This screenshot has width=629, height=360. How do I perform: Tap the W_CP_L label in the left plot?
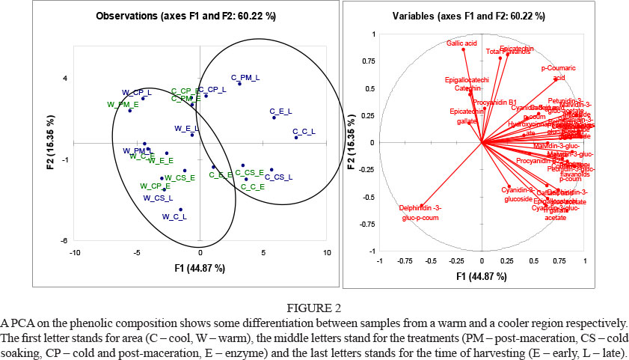click(x=136, y=92)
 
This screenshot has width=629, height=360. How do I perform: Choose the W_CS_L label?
click(x=158, y=198)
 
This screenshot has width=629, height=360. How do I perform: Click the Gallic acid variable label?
click(x=462, y=43)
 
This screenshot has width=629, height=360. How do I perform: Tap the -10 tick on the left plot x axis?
click(x=75, y=254)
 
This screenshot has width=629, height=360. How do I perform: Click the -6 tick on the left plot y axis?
click(x=65, y=240)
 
